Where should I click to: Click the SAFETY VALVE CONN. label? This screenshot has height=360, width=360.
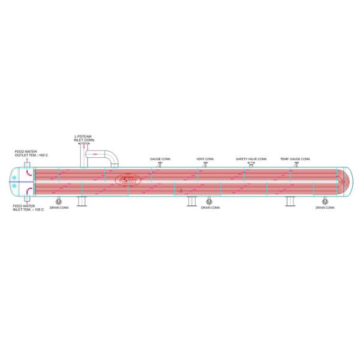pos(251,159)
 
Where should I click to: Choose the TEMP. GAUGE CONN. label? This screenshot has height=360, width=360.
pos(295,159)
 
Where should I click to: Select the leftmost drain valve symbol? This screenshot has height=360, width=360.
pos(58,200)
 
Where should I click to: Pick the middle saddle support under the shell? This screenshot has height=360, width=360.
pos(192,201)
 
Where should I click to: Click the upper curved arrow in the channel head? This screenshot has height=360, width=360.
pos(27,172)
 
